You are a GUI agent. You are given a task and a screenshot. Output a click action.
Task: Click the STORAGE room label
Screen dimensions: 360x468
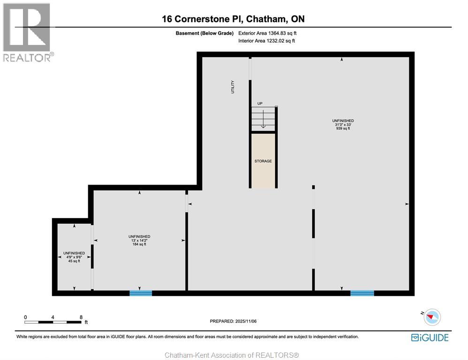pyautogui.click(x=263, y=161)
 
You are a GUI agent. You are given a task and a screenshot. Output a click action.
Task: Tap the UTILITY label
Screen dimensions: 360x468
pyautogui.click(x=233, y=87)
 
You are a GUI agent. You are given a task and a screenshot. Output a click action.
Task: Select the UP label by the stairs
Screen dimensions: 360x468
pyautogui.click(x=260, y=103)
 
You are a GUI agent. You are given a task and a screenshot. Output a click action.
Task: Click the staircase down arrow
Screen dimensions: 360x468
pyautogui.click(x=263, y=122)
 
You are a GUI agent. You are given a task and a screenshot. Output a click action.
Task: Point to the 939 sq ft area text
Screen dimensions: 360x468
pyautogui.click(x=343, y=128)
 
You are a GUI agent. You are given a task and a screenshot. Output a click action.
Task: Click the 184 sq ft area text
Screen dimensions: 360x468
pyautogui.click(x=139, y=244)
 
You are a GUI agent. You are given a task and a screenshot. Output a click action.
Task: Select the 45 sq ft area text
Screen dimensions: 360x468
pyautogui.click(x=74, y=261)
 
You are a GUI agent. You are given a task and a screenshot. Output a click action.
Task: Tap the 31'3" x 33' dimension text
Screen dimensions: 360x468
pyautogui.click(x=343, y=125)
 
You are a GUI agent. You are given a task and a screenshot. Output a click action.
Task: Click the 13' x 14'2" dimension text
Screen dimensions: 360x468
pyautogui.click(x=139, y=240)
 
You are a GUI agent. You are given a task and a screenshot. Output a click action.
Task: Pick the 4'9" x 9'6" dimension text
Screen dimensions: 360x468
pyautogui.click(x=74, y=257)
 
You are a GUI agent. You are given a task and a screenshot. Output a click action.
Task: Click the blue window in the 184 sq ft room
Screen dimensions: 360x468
pyautogui.click(x=141, y=293)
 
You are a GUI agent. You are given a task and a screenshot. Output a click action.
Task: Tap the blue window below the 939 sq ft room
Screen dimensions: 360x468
pyautogui.click(x=362, y=293)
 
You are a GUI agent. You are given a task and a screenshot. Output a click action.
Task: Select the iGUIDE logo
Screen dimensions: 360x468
pyautogui.click(x=430, y=337)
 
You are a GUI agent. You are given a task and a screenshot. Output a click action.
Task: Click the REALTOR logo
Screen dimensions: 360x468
pyautogui.click(x=27, y=33)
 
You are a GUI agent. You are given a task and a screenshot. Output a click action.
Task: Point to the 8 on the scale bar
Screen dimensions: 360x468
pyautogui.click(x=81, y=317)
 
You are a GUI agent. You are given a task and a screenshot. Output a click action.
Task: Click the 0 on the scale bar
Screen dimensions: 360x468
pyautogui.click(x=26, y=317)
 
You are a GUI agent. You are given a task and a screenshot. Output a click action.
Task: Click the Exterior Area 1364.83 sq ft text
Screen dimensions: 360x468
pyautogui.click(x=267, y=33)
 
